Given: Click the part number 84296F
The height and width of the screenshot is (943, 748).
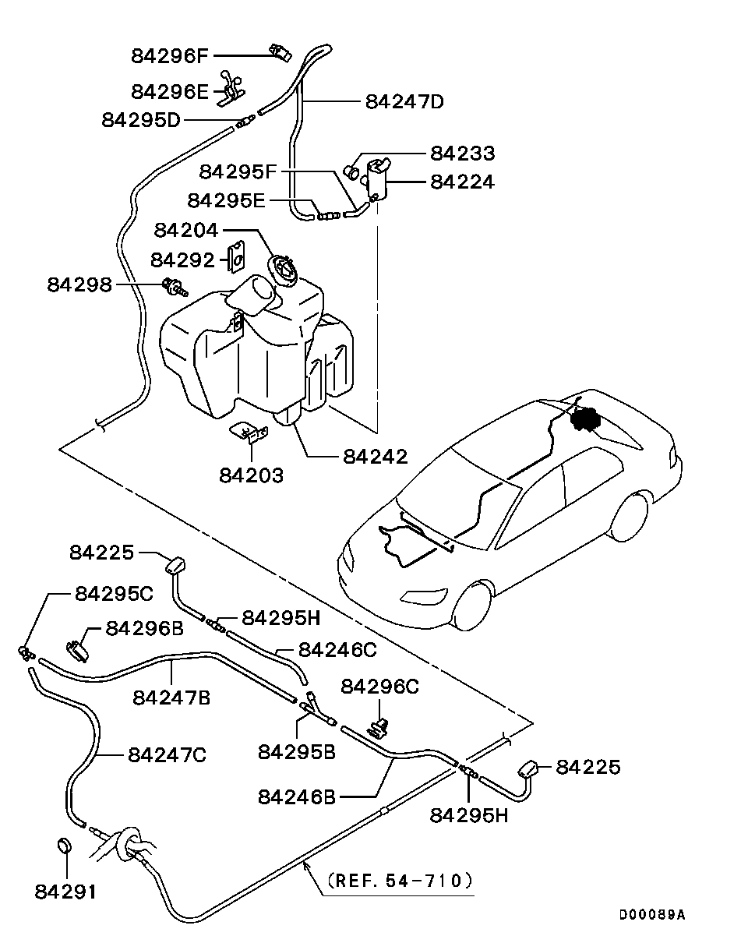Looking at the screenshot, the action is pyautogui.click(x=170, y=56).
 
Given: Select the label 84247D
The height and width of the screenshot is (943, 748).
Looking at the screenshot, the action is pyautogui.click(x=404, y=101).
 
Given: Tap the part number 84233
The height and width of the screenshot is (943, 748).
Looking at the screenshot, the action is pyautogui.click(x=462, y=154).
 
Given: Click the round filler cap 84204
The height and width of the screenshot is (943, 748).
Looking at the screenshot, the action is pyautogui.click(x=283, y=268).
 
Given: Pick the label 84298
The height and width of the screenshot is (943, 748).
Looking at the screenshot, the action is pyautogui.click(x=79, y=284).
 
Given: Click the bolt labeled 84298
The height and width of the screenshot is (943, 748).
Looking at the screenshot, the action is pyautogui.click(x=175, y=288).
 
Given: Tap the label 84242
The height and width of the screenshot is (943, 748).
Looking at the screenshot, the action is pyautogui.click(x=376, y=457).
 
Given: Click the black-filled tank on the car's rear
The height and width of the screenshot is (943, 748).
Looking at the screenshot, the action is pyautogui.click(x=585, y=419).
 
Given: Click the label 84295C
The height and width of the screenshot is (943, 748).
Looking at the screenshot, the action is pyautogui.click(x=115, y=594).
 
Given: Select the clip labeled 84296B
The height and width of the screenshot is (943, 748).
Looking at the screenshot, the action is pyautogui.click(x=78, y=651).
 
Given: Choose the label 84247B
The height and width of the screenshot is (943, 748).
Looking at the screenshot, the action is pyautogui.click(x=171, y=698).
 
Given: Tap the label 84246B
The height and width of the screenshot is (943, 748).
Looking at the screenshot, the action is pyautogui.click(x=297, y=796).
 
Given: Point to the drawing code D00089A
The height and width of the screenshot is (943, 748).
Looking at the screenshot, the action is pyautogui.click(x=652, y=914).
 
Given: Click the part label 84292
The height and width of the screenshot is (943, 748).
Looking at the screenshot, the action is pyautogui.click(x=183, y=260).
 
